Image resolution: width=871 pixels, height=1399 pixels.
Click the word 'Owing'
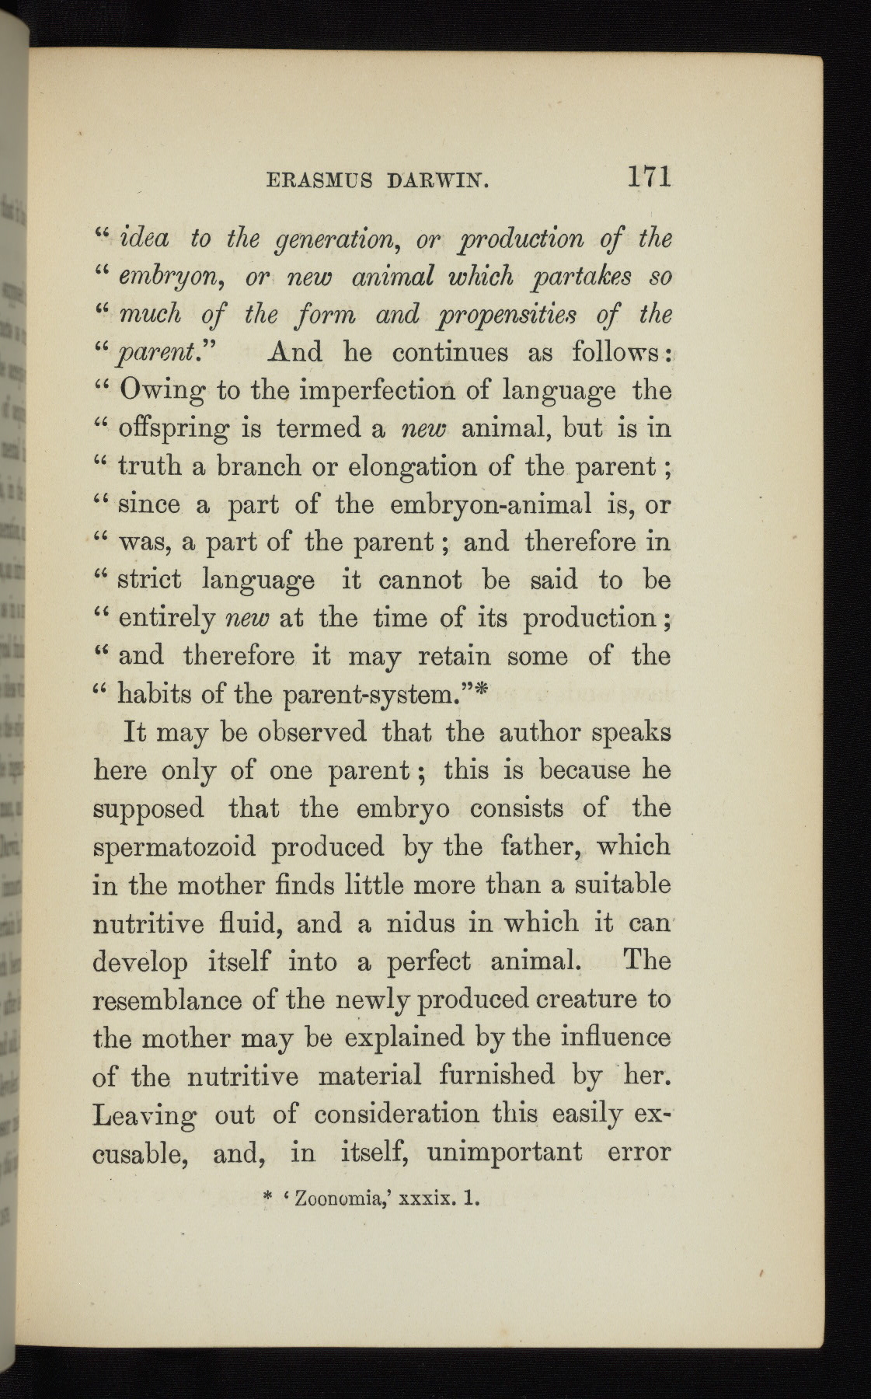(162, 391)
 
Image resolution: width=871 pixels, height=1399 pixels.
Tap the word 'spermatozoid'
(174, 847)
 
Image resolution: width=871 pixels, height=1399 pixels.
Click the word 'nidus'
(412, 923)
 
